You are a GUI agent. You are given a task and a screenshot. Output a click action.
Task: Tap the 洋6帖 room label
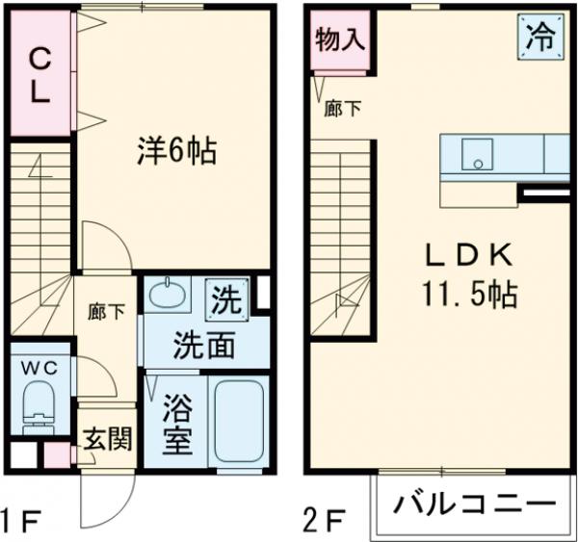click(174, 150)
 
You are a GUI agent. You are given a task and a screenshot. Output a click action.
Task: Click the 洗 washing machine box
click(226, 298)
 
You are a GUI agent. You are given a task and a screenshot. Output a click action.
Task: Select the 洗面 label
click(204, 345)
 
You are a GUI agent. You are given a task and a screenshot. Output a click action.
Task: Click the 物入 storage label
click(341, 41)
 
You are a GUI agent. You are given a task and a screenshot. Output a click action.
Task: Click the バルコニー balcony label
click(473, 503)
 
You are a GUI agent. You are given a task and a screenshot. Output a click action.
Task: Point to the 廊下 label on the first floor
click(105, 311)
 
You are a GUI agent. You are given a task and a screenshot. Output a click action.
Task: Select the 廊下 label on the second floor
click(344, 109)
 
